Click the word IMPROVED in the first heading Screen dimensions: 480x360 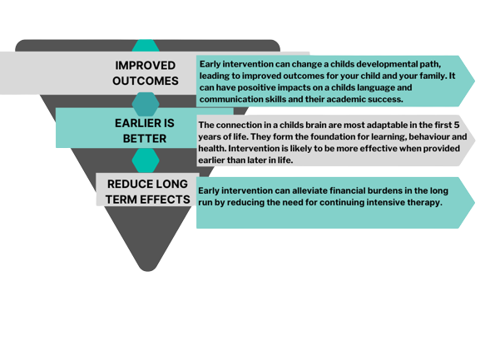tap(145, 66)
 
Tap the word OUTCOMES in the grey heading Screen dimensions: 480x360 tap(146, 81)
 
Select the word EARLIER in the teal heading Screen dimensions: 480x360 tap(136, 123)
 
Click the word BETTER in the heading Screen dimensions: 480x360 tap(145, 139)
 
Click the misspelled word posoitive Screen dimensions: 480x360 tap(256, 88)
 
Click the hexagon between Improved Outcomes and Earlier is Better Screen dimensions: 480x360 tap(146, 104)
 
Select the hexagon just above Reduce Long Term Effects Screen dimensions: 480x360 tap(146, 160)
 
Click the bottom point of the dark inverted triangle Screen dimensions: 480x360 tap(148, 271)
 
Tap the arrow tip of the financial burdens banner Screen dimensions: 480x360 tap(475, 203)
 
